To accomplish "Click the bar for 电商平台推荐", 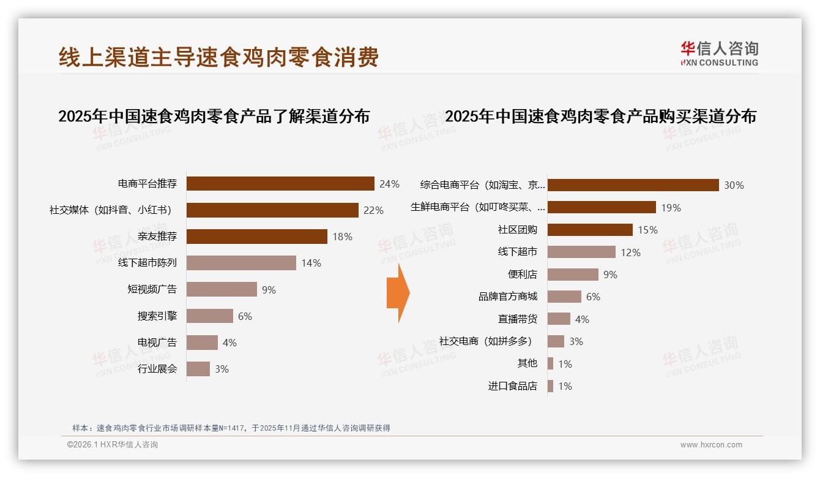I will (280, 184).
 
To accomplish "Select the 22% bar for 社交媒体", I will (272, 210).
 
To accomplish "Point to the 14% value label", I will (311, 263).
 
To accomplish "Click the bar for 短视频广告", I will (222, 289).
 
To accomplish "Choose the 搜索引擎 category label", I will (157, 316).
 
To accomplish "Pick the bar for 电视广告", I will (202, 343).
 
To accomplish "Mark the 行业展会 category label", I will (157, 369).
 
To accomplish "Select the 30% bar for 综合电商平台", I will (633, 185).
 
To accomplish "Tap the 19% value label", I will (671, 208).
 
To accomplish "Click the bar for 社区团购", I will (590, 230).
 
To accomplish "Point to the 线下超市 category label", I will (518, 252).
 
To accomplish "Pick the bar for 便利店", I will (573, 275).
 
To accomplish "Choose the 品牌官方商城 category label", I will (508, 297).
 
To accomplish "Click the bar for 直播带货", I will (559, 319).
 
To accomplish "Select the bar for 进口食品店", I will (550, 386).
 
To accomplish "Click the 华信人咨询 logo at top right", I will (719, 53).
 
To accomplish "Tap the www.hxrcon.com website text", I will (711, 445).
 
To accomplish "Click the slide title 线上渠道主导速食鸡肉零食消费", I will (218, 57).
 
